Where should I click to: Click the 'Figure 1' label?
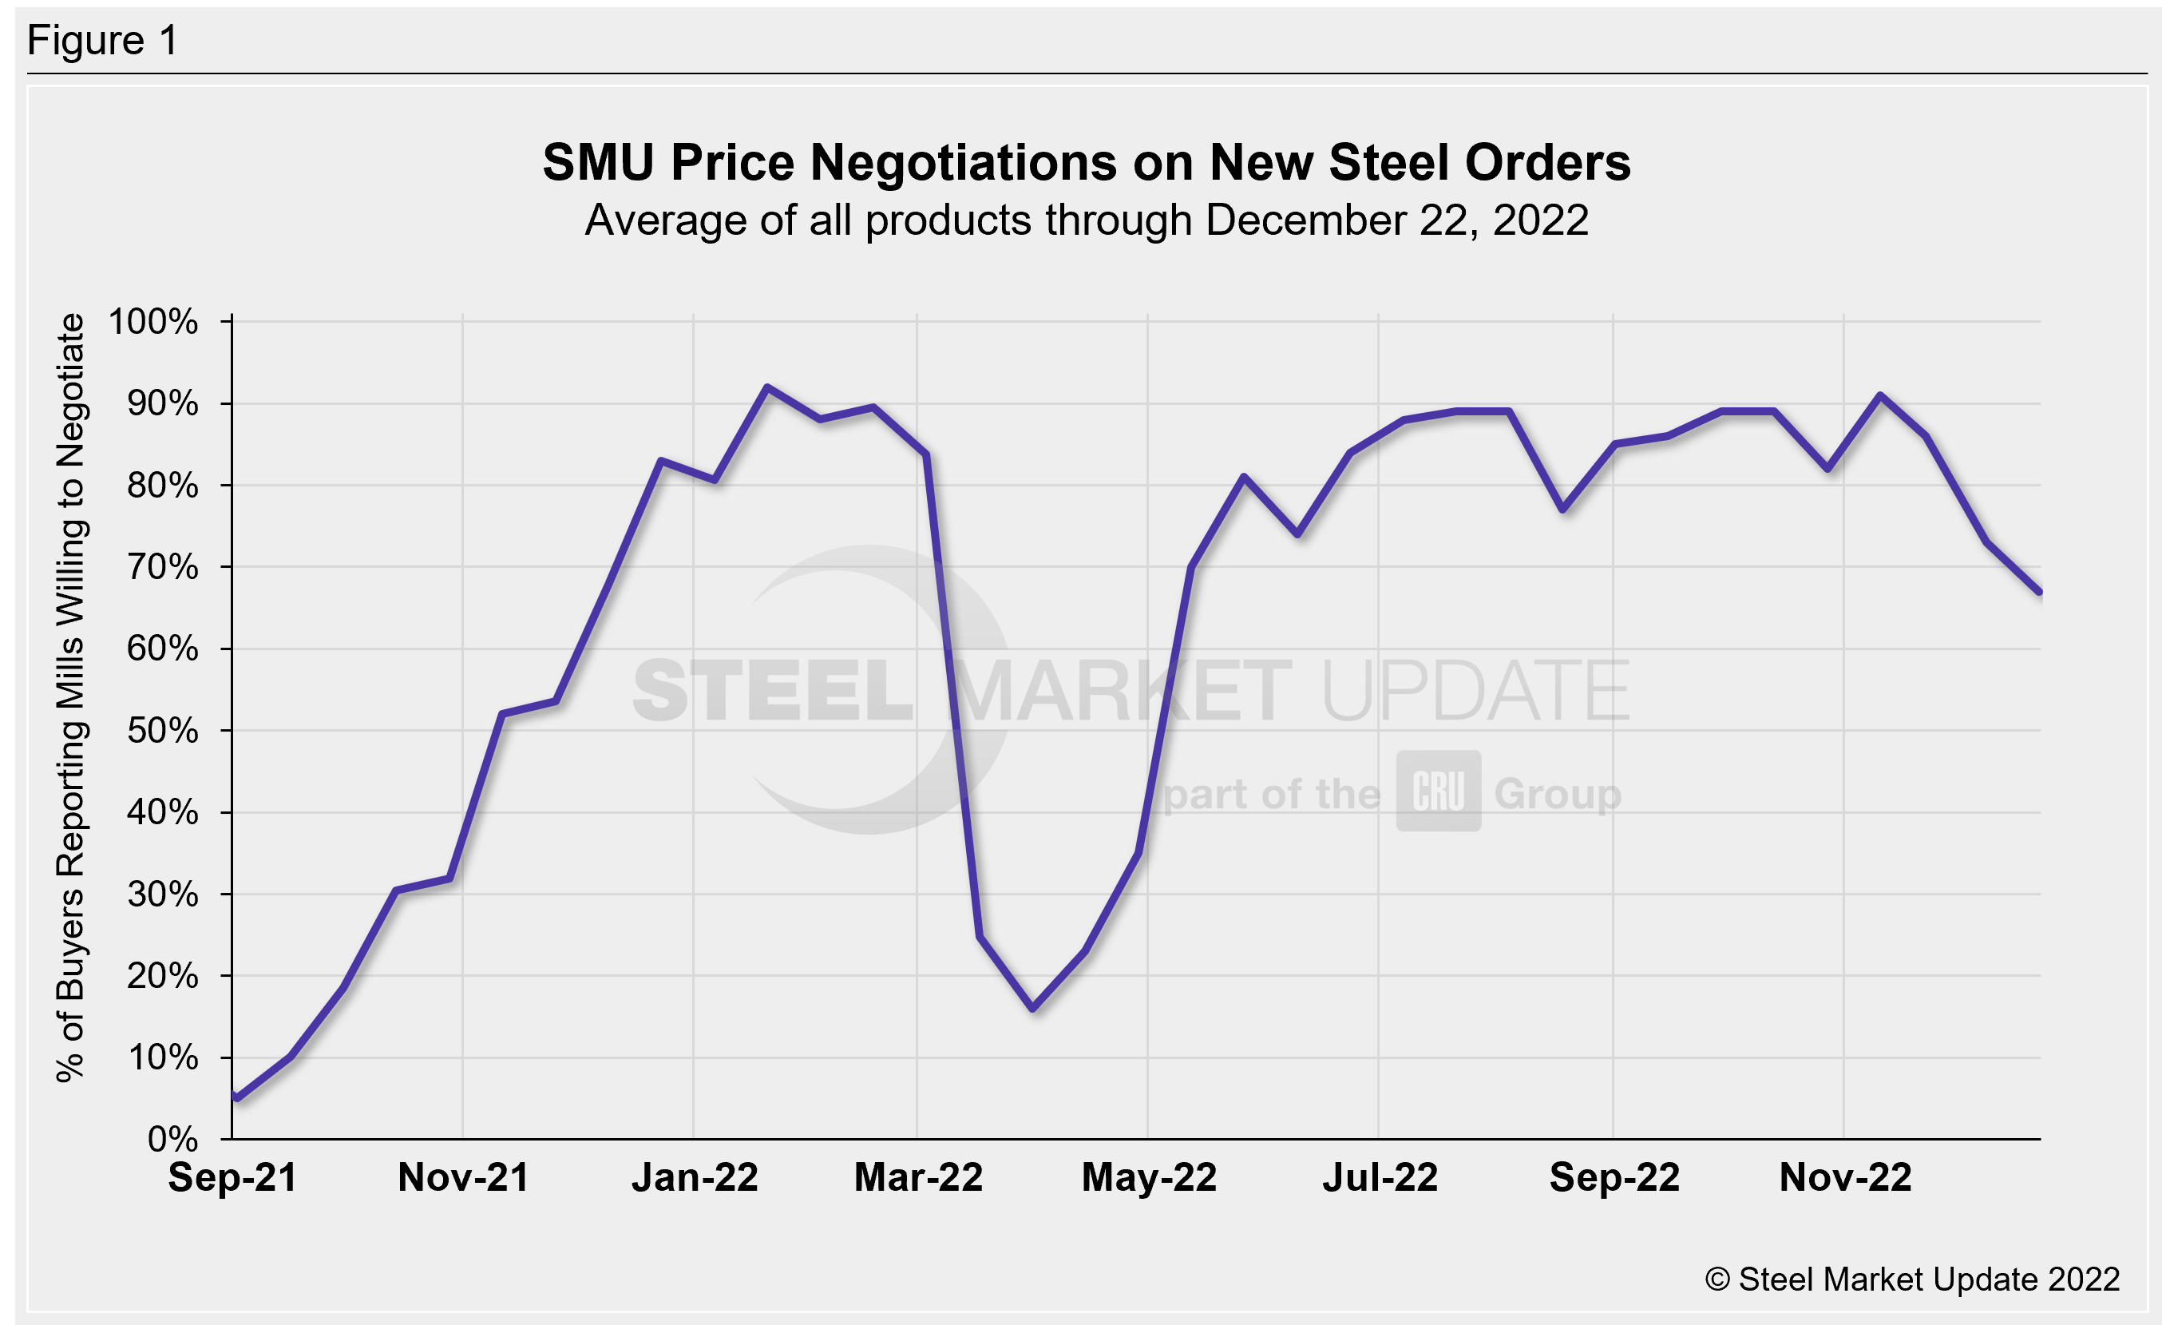click(103, 41)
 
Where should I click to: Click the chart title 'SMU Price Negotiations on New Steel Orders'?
click(1087, 162)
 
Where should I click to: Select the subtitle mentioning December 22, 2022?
click(1087, 220)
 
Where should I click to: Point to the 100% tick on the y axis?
click(153, 322)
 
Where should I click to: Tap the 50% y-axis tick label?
click(162, 731)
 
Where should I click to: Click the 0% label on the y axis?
click(173, 1139)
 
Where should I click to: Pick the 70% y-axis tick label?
click(162, 568)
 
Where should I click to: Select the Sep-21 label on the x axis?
click(232, 1177)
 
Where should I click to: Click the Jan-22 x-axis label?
click(694, 1177)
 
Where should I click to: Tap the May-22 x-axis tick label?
click(1149, 1177)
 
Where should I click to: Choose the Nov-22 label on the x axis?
click(1844, 1177)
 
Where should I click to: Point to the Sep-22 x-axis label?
click(1614, 1177)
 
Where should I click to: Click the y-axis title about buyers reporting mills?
click(70, 697)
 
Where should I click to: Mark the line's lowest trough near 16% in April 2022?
click(1033, 1008)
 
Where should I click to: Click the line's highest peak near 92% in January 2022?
click(767, 387)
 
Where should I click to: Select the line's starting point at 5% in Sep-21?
click(237, 1097)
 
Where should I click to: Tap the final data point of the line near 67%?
click(2039, 593)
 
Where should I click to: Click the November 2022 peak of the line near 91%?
click(1879, 396)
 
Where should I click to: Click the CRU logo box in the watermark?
click(1438, 791)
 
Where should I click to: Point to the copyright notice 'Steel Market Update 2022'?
click(1912, 1279)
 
